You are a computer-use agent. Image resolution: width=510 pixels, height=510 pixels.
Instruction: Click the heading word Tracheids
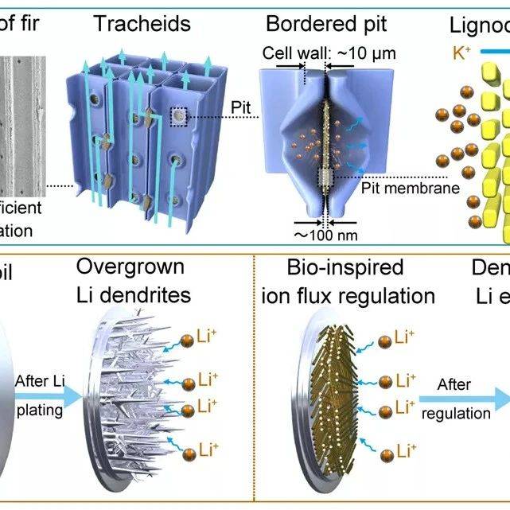(142, 23)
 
